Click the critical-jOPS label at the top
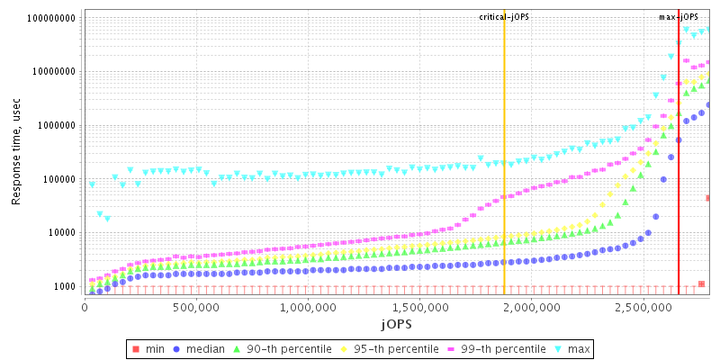[x=504, y=17]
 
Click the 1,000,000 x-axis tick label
[x=308, y=307]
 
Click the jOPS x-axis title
[x=397, y=323]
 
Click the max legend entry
[x=580, y=348]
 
